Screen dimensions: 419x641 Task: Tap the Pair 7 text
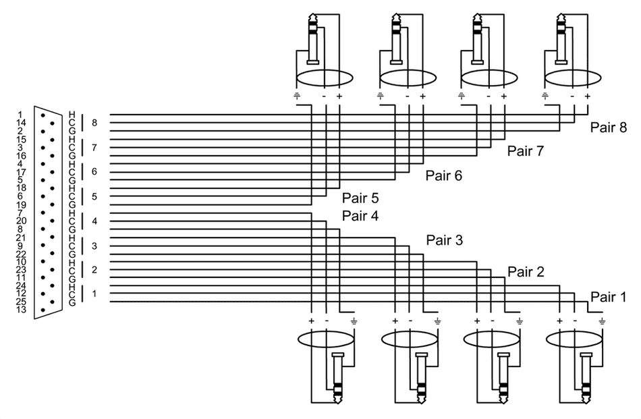(525, 151)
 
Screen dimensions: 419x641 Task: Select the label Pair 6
(443, 175)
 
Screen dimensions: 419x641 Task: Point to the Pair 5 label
(360, 198)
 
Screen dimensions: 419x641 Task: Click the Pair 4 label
(360, 216)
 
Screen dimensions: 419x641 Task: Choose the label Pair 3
(443, 240)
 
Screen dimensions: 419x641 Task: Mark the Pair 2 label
(525, 272)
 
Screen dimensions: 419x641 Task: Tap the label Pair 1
(608, 296)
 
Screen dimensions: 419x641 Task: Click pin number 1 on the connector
(20, 114)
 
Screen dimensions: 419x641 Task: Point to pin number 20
(20, 221)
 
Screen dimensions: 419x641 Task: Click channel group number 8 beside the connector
(94, 123)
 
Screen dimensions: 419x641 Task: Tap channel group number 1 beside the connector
(94, 294)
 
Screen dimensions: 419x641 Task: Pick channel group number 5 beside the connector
(94, 196)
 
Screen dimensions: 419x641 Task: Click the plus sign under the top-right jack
(587, 96)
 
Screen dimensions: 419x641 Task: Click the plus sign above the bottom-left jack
(312, 319)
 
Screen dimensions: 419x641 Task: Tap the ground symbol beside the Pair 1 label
(601, 320)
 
